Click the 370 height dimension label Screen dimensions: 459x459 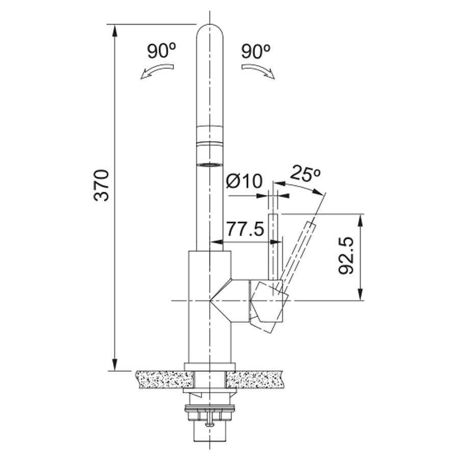[101, 185]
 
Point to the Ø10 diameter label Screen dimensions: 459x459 [244, 181]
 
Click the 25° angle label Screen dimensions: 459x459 [305, 174]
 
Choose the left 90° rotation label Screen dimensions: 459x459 [161, 52]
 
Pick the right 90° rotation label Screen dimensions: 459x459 [256, 52]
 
